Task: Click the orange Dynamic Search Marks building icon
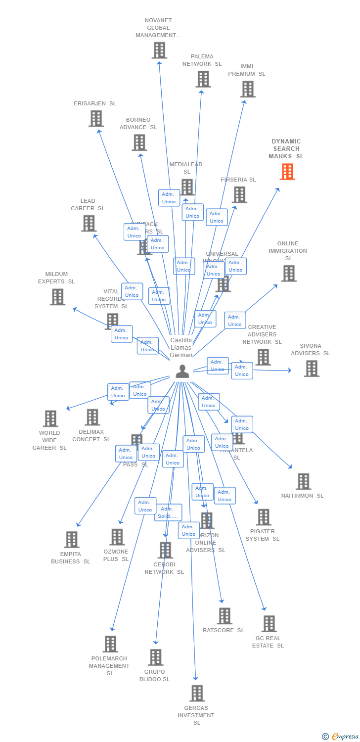click(x=287, y=171)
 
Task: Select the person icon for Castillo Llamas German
click(x=182, y=371)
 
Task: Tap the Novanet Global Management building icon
click(x=159, y=50)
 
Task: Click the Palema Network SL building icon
click(x=203, y=79)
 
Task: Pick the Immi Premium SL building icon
click(x=248, y=89)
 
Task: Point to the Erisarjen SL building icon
click(x=96, y=119)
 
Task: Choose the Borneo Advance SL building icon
click(x=139, y=142)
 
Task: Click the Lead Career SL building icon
click(x=89, y=224)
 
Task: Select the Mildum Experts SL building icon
click(x=57, y=297)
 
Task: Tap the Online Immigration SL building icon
click(x=289, y=273)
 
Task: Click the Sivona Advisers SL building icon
click(x=311, y=369)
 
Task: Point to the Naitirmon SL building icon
click(x=303, y=481)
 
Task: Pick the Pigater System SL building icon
click(x=263, y=517)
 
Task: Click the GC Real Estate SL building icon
click(x=269, y=624)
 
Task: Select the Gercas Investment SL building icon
click(x=197, y=694)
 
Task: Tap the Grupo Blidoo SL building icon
click(x=156, y=657)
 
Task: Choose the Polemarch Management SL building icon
click(x=110, y=644)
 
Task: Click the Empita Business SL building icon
click(x=72, y=540)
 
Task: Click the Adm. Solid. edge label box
click(x=168, y=512)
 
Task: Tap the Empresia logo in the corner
click(x=341, y=737)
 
